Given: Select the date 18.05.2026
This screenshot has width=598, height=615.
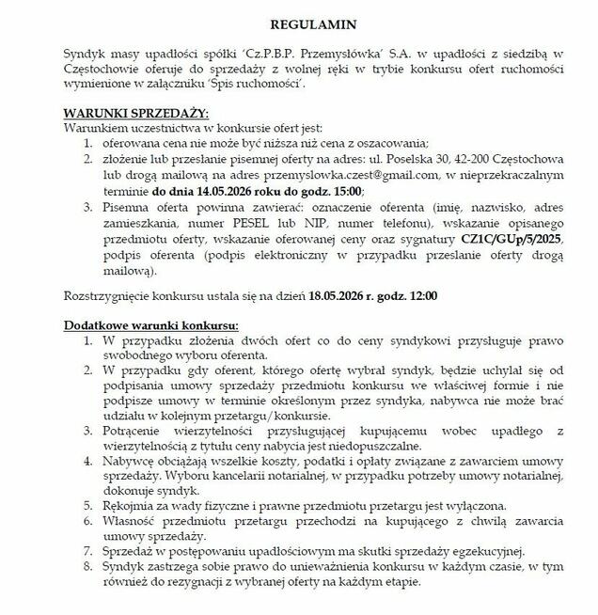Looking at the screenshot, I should tap(344, 297).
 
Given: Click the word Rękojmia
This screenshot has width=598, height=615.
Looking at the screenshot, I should tap(128, 506).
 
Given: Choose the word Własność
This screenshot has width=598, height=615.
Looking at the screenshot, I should tap(129, 521).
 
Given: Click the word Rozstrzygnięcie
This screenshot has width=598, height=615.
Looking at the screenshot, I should tap(105, 297).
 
